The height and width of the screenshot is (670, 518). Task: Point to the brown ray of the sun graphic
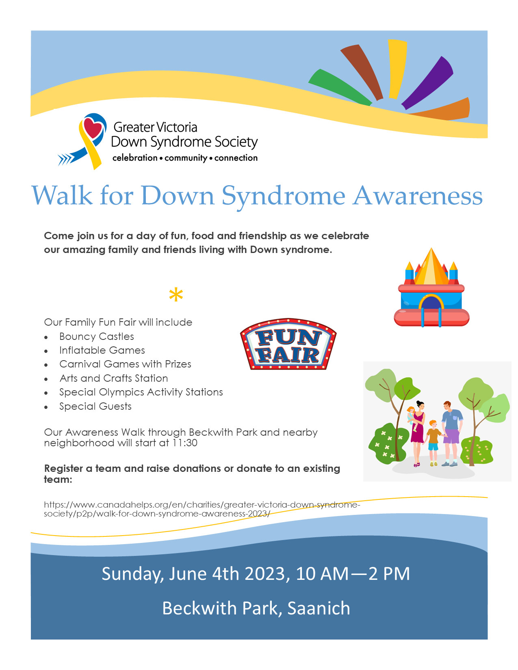point(363,71)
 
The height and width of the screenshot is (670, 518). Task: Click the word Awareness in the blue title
point(418,196)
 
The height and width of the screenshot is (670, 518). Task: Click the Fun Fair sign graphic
point(288,344)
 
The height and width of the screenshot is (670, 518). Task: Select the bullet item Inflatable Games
point(102,350)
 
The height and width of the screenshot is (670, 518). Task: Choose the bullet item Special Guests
point(95,406)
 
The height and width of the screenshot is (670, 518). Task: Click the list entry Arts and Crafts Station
point(114,378)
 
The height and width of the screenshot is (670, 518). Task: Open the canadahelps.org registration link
point(202,509)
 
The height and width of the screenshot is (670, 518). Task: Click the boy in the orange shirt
point(433,443)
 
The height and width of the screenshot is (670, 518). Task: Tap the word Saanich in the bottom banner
point(319,608)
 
